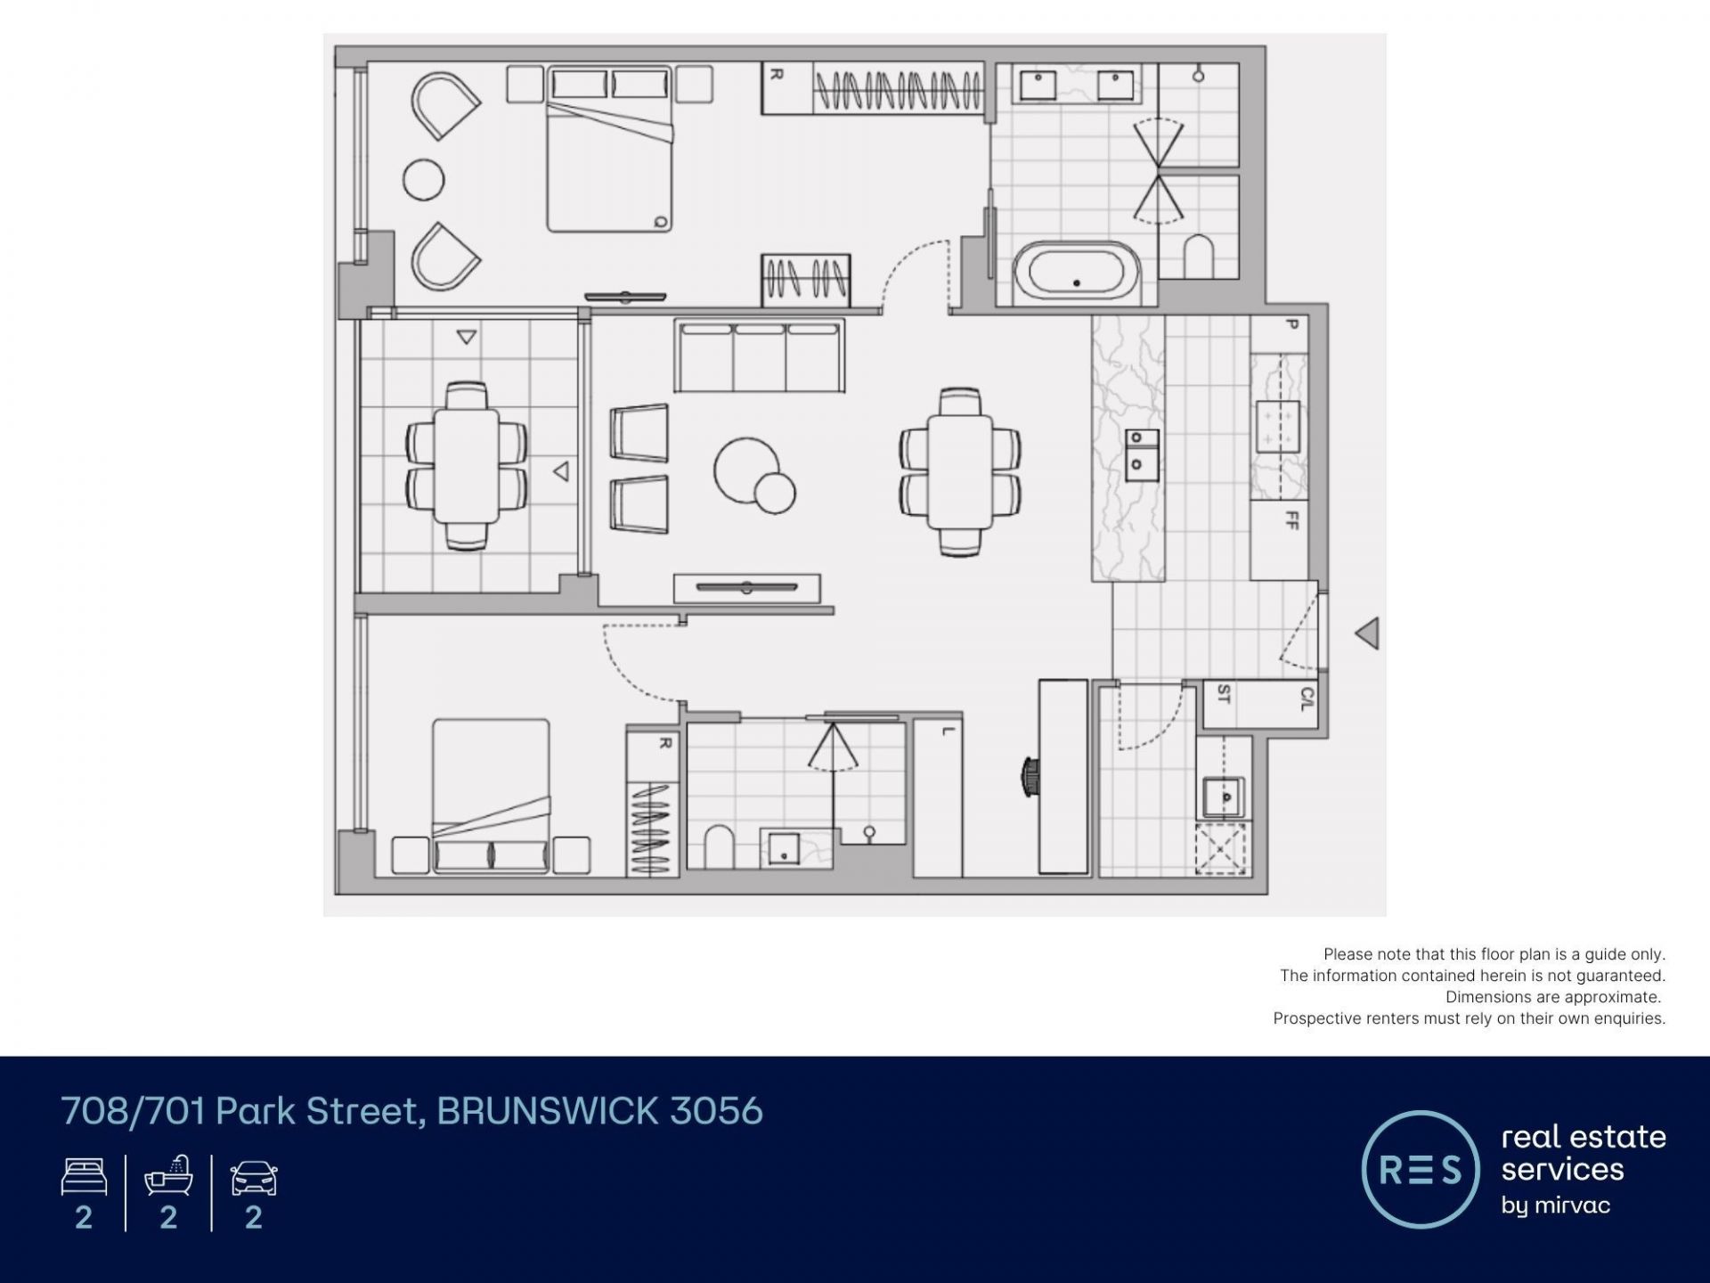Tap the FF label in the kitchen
[x=1292, y=519]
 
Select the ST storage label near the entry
[x=1224, y=693]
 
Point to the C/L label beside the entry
[x=1307, y=698]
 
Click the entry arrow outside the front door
[x=1367, y=633]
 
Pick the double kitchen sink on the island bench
[x=1142, y=454]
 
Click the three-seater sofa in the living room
[x=759, y=355]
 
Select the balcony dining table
[x=466, y=466]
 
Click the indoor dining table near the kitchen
[x=960, y=472]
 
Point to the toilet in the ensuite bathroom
[x=1199, y=257]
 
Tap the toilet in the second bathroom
[x=719, y=846]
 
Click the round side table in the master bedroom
[x=423, y=180]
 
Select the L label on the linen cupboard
[x=948, y=731]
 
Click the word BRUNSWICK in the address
[x=548, y=1111]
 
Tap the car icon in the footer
[x=254, y=1178]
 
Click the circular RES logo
[x=1421, y=1169]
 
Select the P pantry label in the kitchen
[x=1292, y=324]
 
